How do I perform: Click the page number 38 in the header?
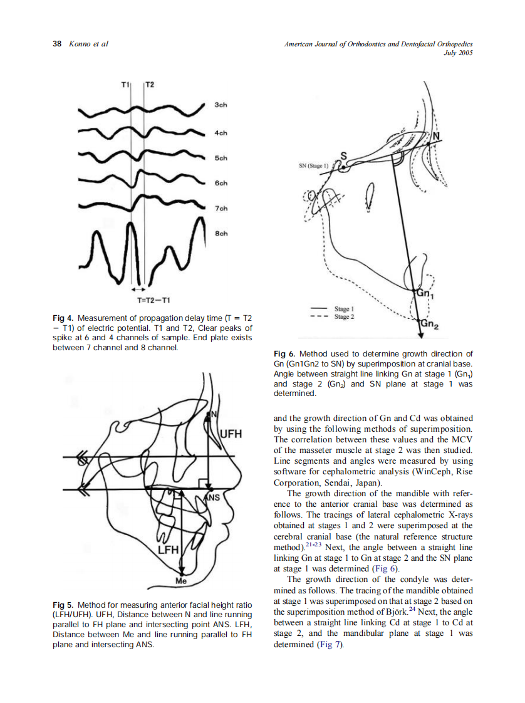click(57, 44)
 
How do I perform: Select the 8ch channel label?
click(221, 234)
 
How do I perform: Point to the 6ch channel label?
click(221, 184)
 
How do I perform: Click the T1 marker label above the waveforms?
click(125, 84)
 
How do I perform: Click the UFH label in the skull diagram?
click(231, 433)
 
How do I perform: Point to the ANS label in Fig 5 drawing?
click(212, 498)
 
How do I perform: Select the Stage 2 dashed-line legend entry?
click(344, 317)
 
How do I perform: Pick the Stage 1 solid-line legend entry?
click(344, 309)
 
